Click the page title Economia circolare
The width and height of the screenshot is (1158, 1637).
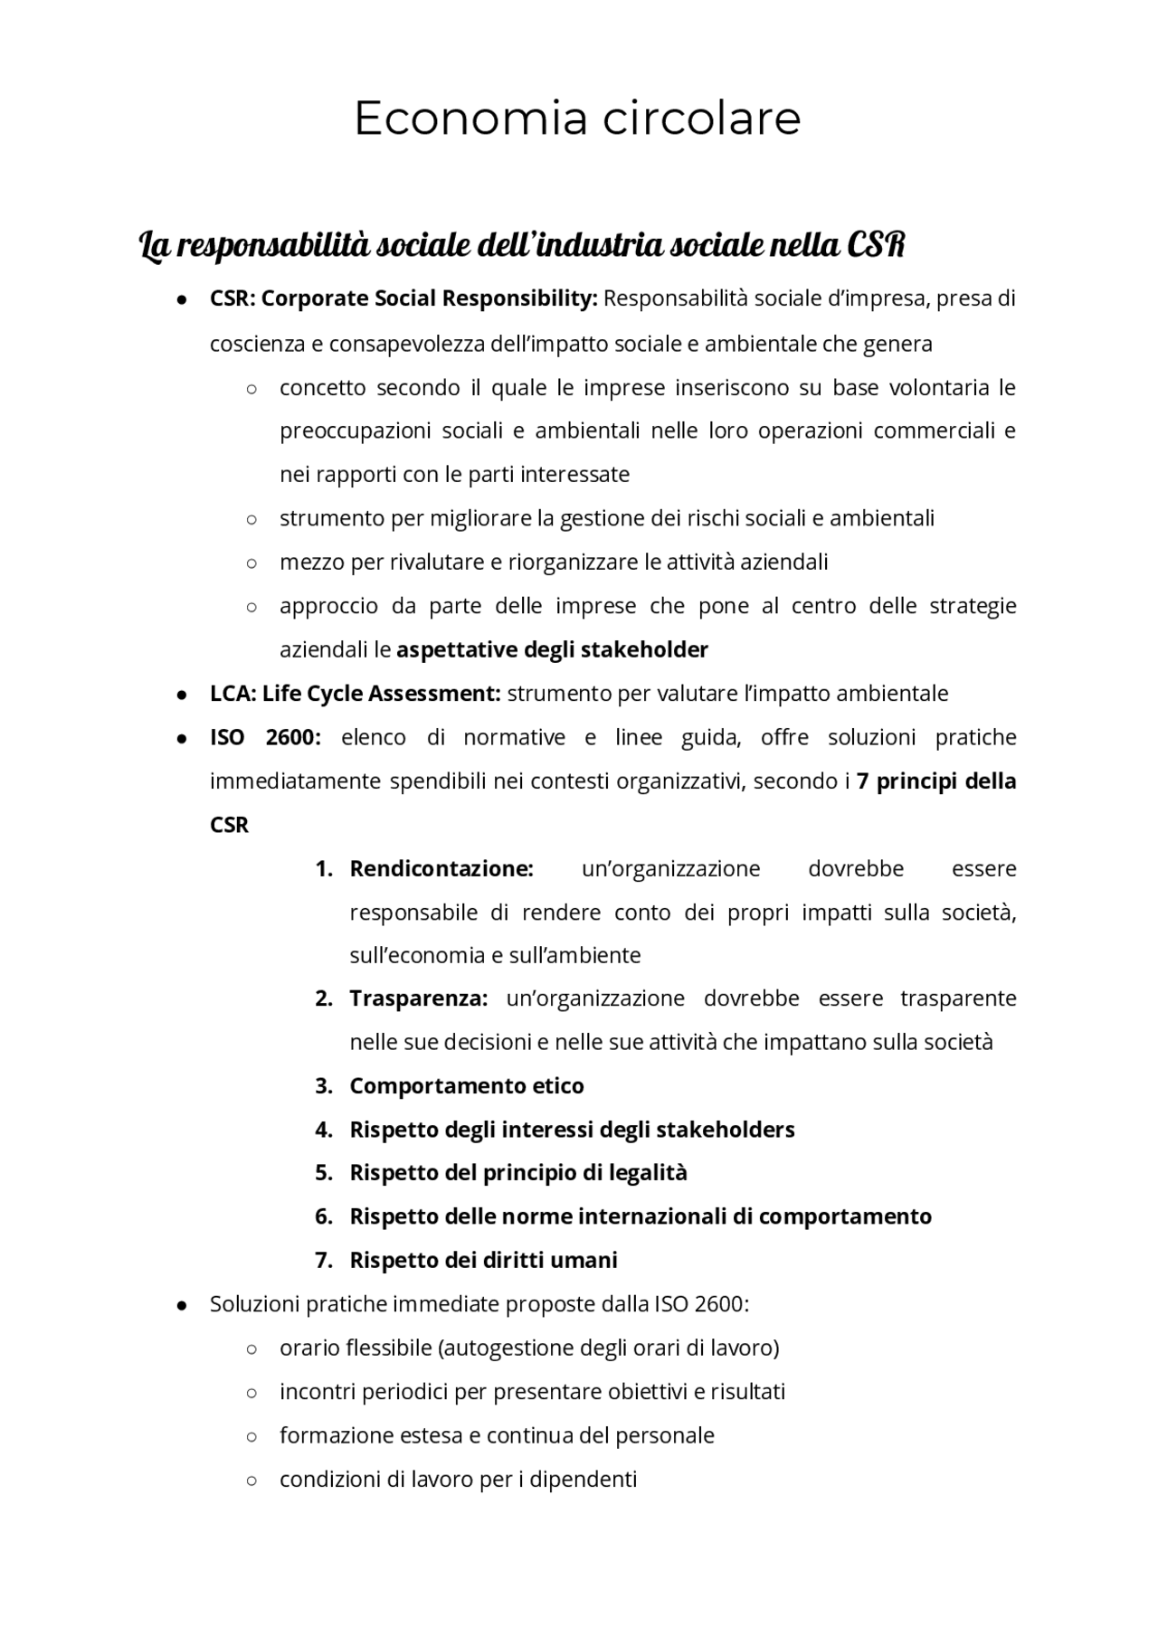point(577,118)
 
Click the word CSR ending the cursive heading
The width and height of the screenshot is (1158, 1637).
point(875,245)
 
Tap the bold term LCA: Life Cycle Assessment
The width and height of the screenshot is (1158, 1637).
point(355,694)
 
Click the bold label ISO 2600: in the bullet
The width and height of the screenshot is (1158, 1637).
point(264,737)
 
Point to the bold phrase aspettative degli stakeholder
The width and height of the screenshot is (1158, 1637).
point(552,649)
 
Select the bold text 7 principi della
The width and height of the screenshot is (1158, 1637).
point(935,781)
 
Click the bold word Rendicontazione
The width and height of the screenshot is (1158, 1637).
point(441,869)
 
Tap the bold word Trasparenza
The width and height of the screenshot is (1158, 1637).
point(418,998)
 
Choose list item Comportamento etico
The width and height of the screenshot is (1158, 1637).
point(467,1086)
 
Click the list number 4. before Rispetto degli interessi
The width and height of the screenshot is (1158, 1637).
point(324,1130)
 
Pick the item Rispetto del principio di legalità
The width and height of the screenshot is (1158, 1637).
point(518,1173)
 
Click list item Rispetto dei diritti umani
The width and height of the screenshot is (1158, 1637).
point(483,1260)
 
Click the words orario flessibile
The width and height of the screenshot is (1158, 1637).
point(356,1348)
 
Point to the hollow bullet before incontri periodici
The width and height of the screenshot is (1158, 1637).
point(252,1393)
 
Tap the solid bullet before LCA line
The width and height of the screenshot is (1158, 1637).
point(183,695)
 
